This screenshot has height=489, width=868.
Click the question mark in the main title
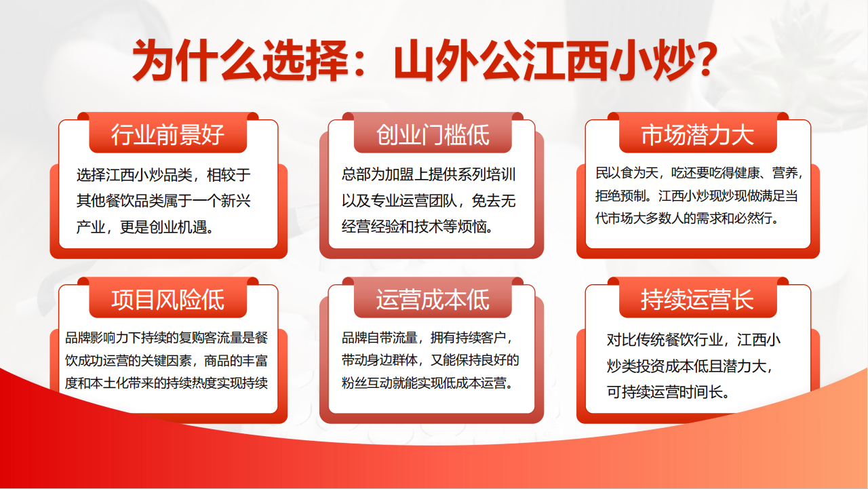click(x=702, y=60)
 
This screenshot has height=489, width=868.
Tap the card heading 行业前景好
click(x=167, y=135)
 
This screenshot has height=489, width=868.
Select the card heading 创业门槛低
click(x=433, y=135)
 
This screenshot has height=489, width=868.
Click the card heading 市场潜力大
click(x=698, y=135)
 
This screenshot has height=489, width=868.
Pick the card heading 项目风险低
click(x=167, y=300)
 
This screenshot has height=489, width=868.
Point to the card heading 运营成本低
click(x=433, y=300)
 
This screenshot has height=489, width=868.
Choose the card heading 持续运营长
click(x=698, y=300)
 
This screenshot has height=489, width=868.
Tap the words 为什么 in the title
click(x=197, y=60)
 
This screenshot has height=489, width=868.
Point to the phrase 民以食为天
click(x=627, y=173)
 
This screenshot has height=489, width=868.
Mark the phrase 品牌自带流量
click(x=379, y=338)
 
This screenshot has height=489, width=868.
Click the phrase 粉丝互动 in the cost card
click(x=367, y=383)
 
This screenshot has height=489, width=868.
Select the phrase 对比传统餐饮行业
click(x=665, y=340)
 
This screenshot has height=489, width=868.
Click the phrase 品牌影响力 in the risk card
click(x=96, y=338)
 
